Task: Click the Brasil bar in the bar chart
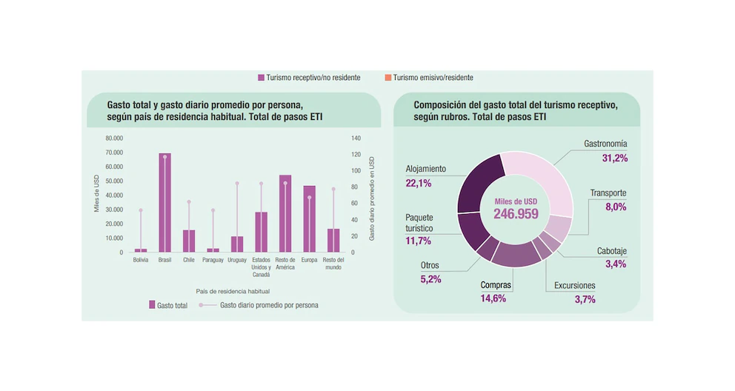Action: [164, 203]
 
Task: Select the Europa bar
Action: [309, 218]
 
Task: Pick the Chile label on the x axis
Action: [189, 260]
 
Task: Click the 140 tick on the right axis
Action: [356, 138]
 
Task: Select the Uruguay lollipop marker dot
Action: [237, 183]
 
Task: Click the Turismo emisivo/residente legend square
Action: [388, 78]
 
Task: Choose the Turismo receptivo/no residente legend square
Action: [261, 78]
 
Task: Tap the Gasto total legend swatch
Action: [152, 304]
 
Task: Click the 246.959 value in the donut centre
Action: [516, 214]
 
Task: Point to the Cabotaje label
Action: [611, 251]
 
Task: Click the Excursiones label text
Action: [574, 286]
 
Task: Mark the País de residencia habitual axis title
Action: [233, 291]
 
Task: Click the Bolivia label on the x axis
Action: [141, 260]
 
